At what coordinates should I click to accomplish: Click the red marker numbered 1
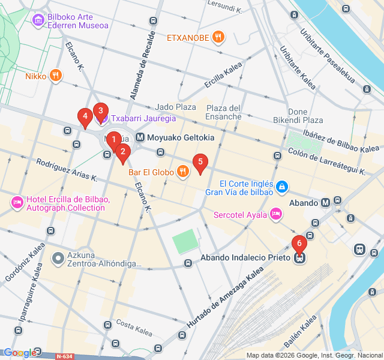(x=114, y=140)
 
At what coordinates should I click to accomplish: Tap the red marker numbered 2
(x=122, y=151)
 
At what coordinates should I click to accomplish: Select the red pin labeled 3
(x=100, y=110)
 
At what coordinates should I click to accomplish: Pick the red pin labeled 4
(x=85, y=116)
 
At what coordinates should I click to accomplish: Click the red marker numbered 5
(x=200, y=161)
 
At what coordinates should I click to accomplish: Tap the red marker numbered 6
(x=299, y=244)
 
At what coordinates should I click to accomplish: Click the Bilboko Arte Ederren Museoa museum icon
(x=39, y=21)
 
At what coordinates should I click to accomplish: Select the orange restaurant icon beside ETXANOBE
(x=219, y=38)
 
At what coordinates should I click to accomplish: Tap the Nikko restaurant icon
(x=56, y=76)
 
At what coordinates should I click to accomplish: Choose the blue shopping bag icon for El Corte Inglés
(x=281, y=188)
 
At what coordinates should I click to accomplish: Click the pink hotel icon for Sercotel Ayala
(x=276, y=214)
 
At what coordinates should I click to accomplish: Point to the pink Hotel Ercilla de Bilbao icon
(x=17, y=203)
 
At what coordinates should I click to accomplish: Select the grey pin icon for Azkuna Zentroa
(x=58, y=259)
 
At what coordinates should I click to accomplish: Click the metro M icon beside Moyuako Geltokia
(x=140, y=137)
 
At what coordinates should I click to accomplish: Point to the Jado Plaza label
(x=176, y=107)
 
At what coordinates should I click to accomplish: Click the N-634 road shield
(x=64, y=356)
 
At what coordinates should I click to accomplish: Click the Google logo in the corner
(x=20, y=353)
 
